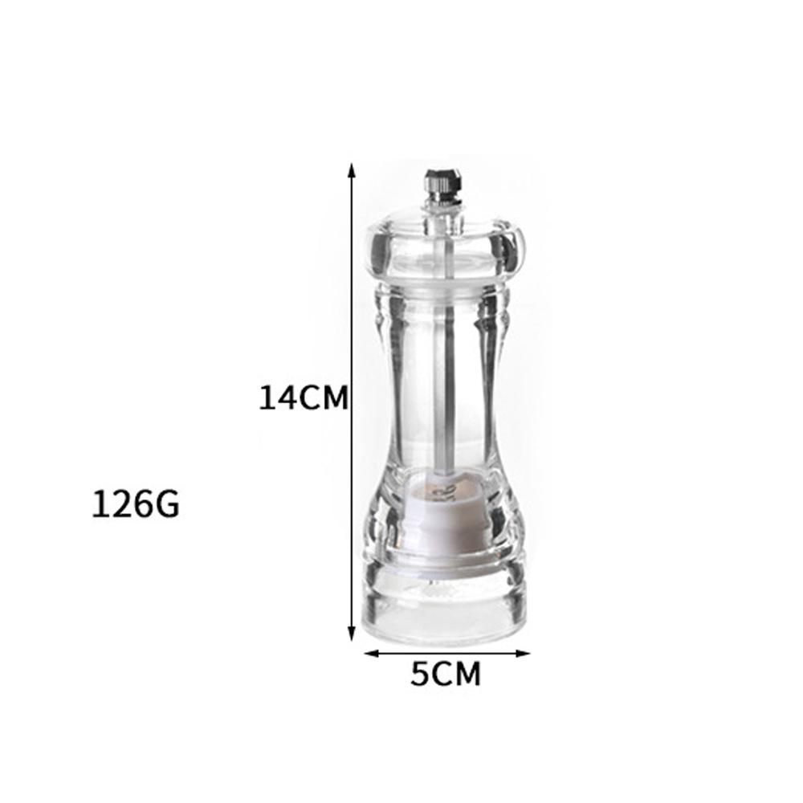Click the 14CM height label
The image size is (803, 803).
coord(304,398)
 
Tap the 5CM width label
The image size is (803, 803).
coord(446,674)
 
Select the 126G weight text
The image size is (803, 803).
coord(136,504)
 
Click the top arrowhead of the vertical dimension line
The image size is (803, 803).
coord(352,169)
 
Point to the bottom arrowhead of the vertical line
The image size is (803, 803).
coord(352,634)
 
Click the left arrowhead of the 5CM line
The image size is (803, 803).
coord(371,653)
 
